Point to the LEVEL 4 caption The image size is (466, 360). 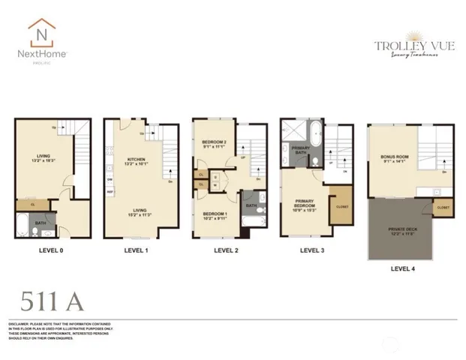[404, 268]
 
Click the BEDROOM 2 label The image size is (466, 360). [214, 142]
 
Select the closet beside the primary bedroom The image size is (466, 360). [339, 208]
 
